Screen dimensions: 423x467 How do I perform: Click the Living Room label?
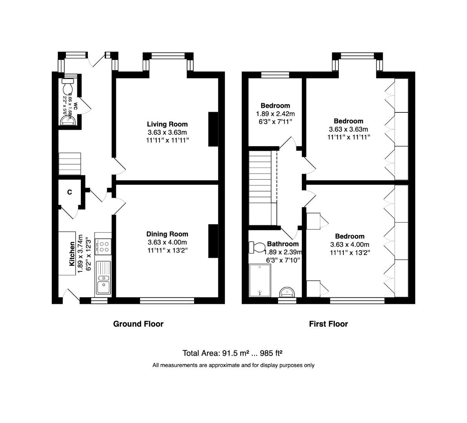(x=167, y=125)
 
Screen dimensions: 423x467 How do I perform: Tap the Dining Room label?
(x=167, y=234)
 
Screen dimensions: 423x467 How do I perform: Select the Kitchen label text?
(x=72, y=254)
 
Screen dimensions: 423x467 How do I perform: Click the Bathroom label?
(x=283, y=244)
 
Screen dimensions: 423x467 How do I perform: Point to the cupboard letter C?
(x=70, y=192)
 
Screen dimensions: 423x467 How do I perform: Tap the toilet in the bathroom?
(x=258, y=247)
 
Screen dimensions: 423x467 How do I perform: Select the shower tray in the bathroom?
(x=260, y=280)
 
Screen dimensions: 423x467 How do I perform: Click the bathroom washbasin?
(x=287, y=292)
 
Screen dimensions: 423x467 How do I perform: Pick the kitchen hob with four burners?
(x=104, y=246)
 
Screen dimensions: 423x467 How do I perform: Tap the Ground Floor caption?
(x=138, y=324)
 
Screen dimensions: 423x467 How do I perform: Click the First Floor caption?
(x=328, y=324)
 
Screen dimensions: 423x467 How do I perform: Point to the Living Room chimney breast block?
(x=213, y=129)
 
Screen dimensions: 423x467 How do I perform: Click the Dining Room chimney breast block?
(x=213, y=241)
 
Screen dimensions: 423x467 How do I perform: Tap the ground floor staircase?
(x=69, y=164)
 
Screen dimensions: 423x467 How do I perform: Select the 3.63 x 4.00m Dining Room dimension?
(x=167, y=242)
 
